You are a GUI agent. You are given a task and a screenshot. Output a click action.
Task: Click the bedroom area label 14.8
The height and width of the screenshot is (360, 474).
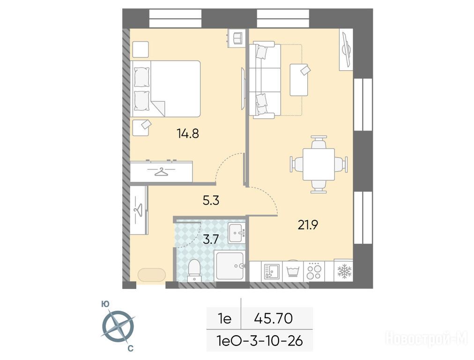[188, 133]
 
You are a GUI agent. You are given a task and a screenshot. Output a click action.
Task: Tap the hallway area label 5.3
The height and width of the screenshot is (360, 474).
[211, 200]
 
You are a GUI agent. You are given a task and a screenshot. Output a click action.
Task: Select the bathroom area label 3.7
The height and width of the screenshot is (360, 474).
[211, 240]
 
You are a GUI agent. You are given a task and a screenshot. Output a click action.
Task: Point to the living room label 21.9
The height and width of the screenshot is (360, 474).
[308, 225]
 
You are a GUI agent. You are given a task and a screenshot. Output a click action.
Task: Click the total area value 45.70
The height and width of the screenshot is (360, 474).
[273, 318]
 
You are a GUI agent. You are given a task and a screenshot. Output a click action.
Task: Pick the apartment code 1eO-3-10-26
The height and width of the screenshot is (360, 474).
[259, 341]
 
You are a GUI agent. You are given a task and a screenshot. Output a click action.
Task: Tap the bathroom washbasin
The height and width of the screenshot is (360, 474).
[237, 232]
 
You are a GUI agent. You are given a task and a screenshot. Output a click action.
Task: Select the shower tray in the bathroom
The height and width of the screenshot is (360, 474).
[230, 266]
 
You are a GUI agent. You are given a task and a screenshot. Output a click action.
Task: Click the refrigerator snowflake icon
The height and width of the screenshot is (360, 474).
[344, 271]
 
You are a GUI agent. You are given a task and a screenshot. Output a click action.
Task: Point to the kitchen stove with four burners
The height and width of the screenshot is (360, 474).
[313, 271]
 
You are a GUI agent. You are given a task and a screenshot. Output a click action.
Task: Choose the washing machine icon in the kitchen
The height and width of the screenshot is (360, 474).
[292, 271]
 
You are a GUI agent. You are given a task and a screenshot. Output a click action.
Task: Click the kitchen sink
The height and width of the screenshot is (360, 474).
[272, 271]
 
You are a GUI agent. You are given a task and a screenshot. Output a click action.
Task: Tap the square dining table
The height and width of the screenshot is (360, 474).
[318, 164]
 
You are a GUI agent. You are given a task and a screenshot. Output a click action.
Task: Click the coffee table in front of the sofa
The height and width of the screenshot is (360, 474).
[299, 80]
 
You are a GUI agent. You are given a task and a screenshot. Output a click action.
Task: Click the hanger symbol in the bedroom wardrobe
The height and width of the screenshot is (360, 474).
[161, 172]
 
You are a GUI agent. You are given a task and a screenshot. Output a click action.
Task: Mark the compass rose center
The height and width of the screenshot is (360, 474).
[118, 326]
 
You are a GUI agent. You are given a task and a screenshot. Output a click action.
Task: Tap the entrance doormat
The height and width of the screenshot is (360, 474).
[151, 275]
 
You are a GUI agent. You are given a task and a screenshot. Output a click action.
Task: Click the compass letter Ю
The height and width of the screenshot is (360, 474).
[105, 304]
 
